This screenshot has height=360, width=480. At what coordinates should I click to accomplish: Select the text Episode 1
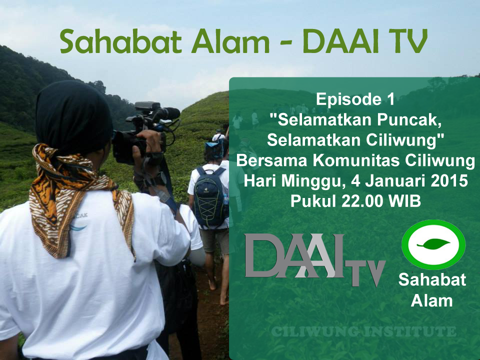click(355, 99)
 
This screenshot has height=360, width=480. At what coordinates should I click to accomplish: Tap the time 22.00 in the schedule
click(356, 200)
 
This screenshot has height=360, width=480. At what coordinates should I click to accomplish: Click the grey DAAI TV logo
click(314, 260)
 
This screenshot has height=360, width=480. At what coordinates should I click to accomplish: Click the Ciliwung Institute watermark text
click(363, 332)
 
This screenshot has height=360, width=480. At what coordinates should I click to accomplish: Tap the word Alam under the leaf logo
click(431, 300)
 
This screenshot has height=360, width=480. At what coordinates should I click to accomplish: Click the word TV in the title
click(406, 42)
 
